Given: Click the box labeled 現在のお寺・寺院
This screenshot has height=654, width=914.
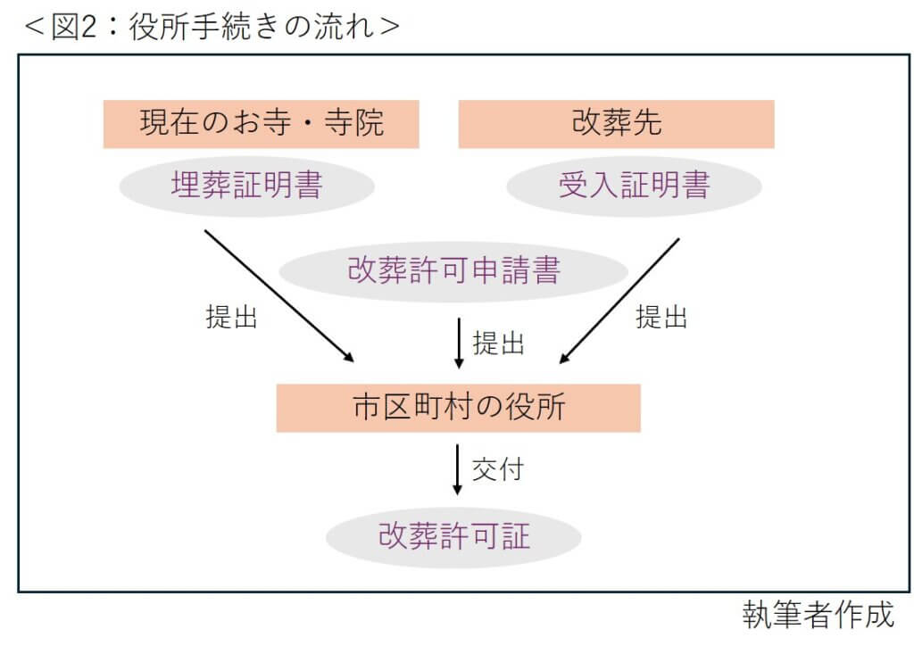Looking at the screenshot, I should [261, 123].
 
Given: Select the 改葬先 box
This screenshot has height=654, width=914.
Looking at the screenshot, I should [616, 123].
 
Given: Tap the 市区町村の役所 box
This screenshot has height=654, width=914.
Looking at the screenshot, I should [458, 408].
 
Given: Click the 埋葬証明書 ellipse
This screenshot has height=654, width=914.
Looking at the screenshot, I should [246, 186].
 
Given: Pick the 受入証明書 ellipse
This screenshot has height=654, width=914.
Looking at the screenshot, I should [634, 186].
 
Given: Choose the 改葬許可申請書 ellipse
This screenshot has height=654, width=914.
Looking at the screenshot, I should [453, 270].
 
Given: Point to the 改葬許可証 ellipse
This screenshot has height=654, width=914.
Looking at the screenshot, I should [453, 537].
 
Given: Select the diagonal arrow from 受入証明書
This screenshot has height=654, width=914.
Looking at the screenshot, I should [619, 301].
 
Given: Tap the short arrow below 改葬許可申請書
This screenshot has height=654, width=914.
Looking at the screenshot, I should [459, 344].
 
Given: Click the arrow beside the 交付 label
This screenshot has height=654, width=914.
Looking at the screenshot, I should [458, 469].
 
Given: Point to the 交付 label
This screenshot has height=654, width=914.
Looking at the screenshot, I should [496, 469].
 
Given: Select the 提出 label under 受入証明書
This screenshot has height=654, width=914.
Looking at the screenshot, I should [661, 317].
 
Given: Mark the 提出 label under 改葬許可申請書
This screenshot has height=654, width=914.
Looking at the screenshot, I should [498, 344].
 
